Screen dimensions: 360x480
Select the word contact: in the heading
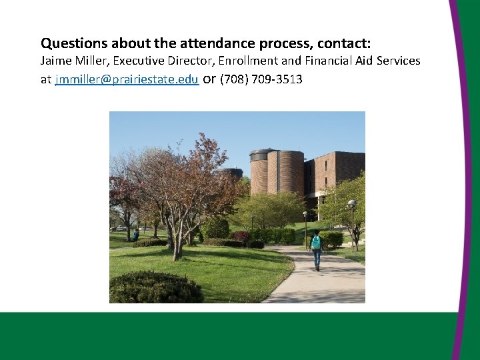point(344,44)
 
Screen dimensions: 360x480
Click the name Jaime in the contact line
point(55,61)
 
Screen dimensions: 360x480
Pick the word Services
point(397,61)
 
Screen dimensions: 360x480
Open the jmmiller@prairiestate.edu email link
point(127,80)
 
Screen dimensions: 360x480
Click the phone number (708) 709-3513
point(261,80)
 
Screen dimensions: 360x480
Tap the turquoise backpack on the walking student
point(316,242)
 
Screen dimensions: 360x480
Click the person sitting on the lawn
point(136,235)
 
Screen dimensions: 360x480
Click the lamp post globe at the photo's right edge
point(351,203)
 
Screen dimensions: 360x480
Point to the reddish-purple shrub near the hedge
point(241,237)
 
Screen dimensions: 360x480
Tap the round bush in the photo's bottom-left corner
point(153,288)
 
